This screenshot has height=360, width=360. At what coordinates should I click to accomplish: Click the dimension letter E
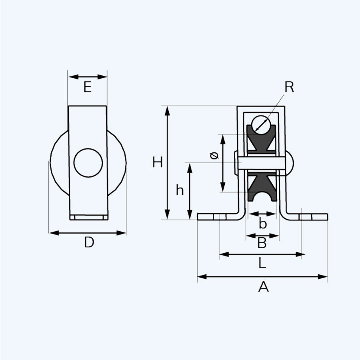pyautogui.click(x=88, y=87)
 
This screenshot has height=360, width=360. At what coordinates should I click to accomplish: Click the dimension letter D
pyautogui.click(x=89, y=242)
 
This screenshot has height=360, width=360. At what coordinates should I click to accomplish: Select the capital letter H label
pyautogui.click(x=158, y=162)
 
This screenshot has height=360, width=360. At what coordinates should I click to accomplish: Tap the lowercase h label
pyautogui.click(x=180, y=191)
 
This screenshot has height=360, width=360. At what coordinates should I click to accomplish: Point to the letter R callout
pyautogui.click(x=289, y=88)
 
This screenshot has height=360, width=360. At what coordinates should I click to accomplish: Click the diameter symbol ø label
pyautogui.click(x=214, y=156)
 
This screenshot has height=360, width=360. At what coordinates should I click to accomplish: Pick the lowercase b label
pyautogui.click(x=262, y=224)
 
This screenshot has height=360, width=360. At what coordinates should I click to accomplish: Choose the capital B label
pyautogui.click(x=262, y=242)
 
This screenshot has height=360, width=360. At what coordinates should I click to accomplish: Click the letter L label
pyautogui.click(x=261, y=263)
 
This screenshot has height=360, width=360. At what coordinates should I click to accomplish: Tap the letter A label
pyautogui.click(x=263, y=286)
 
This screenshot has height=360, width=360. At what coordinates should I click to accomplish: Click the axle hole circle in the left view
pyautogui.click(x=88, y=163)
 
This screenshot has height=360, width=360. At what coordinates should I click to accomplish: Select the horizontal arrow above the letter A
pyautogui.click(x=262, y=276)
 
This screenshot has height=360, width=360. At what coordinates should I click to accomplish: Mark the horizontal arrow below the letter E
pyautogui.click(x=88, y=76)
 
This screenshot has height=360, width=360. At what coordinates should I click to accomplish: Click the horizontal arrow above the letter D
pyautogui.click(x=88, y=232)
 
